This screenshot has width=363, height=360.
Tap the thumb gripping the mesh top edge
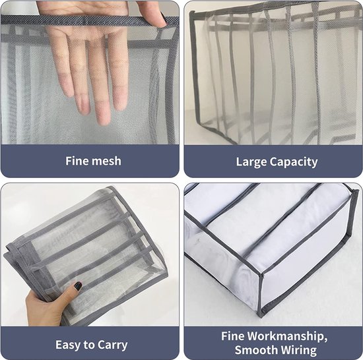click(153, 13)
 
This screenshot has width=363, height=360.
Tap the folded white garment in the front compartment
click(224, 264)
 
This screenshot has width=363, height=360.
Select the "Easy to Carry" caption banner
click(90, 344)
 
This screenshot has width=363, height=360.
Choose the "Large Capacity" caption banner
click(272, 162)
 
